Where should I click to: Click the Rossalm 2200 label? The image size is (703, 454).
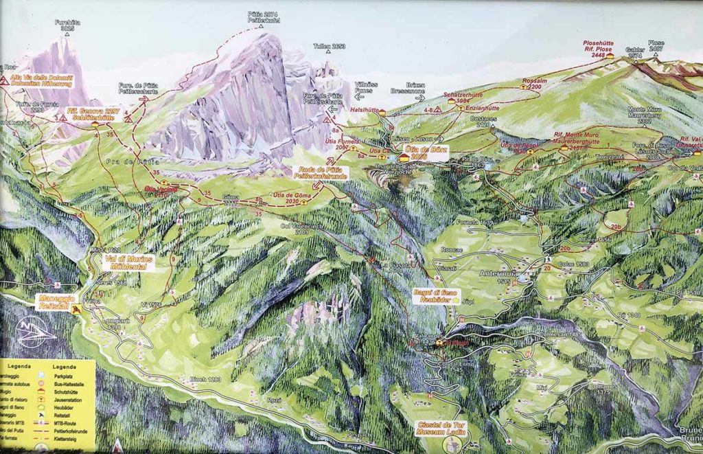[x=535, y=84]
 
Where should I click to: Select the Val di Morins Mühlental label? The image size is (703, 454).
[x=127, y=262]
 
